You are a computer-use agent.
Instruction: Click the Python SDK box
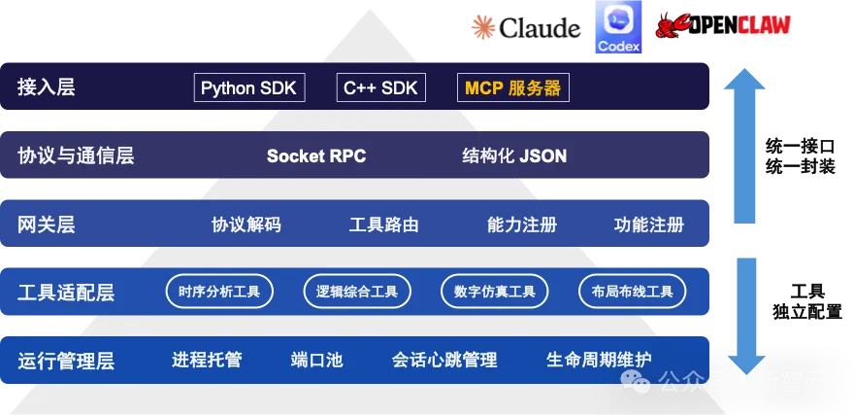click(249, 87)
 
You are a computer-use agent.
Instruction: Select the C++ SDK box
click(380, 87)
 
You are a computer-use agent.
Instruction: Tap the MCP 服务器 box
click(512, 87)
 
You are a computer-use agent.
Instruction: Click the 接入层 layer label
click(46, 87)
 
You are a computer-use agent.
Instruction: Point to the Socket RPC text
click(316, 156)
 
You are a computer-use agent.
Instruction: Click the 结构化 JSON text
click(514, 156)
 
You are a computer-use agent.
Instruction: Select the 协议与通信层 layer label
click(76, 156)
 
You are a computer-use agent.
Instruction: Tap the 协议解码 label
click(246, 225)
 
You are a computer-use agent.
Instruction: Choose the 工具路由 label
click(384, 225)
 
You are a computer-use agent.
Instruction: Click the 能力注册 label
click(522, 225)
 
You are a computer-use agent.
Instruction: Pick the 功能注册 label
click(649, 225)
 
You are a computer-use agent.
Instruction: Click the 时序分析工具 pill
click(219, 291)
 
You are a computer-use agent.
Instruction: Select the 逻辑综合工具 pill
click(357, 291)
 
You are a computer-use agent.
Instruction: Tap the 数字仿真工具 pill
click(495, 291)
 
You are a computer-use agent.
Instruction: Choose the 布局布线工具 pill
click(632, 291)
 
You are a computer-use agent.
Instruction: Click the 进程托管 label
click(207, 360)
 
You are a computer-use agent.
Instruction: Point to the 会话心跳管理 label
click(444, 360)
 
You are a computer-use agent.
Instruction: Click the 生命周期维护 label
click(599, 360)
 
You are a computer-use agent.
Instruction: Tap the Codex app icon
click(618, 26)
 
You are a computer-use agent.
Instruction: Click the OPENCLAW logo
click(726, 26)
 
